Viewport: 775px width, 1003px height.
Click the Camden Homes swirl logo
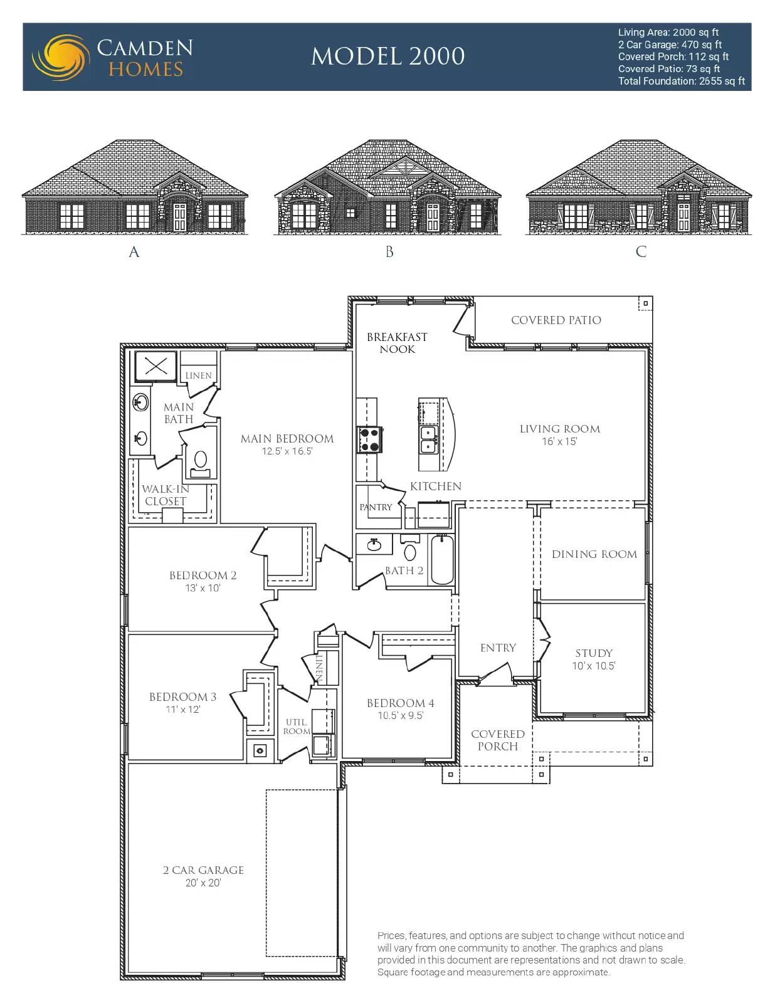61,57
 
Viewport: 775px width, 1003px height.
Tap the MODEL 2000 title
387,56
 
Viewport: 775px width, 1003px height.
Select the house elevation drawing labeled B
387,187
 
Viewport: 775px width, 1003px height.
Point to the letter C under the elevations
641,251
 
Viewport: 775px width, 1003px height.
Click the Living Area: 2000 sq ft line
668,33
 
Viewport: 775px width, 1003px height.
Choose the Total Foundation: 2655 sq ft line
682,81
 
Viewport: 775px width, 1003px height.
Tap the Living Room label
560,429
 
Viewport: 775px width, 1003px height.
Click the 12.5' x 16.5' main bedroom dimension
287,451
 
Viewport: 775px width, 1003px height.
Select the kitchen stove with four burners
369,439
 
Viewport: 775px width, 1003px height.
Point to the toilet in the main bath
200,463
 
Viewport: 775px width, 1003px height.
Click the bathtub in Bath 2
442,559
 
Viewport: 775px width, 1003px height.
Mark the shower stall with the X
156,367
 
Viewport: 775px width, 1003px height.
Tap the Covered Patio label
556,320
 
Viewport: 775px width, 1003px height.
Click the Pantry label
376,507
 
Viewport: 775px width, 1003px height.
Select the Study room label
594,653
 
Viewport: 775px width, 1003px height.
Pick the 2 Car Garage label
203,870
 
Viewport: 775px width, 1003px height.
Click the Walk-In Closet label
166,495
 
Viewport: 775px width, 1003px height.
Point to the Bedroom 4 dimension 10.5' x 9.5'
400,716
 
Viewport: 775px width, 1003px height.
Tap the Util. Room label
297,727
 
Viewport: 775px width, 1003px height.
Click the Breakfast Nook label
397,343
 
